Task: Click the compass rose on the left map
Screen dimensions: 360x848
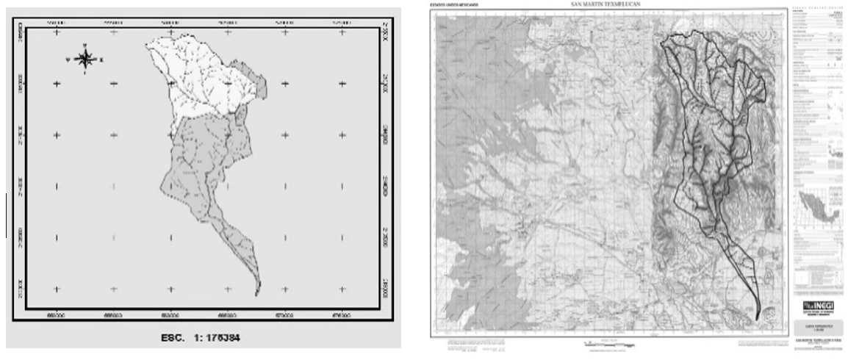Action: [x=85, y=59]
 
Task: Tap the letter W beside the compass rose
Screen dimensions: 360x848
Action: [x=68, y=59]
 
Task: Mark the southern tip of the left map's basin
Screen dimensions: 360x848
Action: [x=256, y=295]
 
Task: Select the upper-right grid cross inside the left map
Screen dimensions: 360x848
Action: [x=342, y=34]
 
